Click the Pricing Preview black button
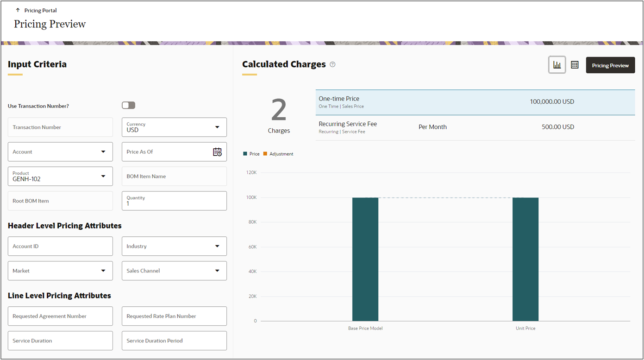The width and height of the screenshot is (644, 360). [610, 65]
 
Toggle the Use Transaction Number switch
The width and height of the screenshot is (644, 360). [128, 106]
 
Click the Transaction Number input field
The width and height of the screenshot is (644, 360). [60, 127]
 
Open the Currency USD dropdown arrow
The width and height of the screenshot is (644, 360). [217, 127]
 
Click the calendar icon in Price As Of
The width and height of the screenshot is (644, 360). [217, 152]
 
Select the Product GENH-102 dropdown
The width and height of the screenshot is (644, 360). [60, 176]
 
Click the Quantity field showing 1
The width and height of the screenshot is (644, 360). [174, 201]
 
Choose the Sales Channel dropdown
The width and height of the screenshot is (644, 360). [174, 271]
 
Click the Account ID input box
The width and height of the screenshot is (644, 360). [60, 246]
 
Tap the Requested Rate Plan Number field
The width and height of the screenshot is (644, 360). [174, 316]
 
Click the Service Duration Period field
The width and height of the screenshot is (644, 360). [174, 341]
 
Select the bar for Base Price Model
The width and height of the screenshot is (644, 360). [365, 259]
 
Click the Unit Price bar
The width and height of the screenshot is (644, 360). [525, 259]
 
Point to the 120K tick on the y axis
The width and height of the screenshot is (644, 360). [252, 172]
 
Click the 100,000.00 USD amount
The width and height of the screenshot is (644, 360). [552, 101]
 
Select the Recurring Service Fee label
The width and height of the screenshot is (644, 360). [348, 124]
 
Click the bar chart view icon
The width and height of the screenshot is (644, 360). [557, 65]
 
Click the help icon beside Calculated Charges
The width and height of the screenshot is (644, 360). [332, 65]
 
